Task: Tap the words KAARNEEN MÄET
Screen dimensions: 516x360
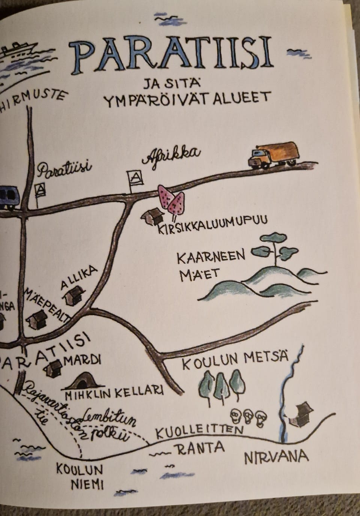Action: (210, 265)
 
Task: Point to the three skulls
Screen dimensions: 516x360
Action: (247, 416)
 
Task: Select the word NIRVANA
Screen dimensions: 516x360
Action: (276, 457)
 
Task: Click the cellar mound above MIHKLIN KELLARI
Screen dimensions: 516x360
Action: (83, 381)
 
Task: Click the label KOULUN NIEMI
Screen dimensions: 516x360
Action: (79, 476)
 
